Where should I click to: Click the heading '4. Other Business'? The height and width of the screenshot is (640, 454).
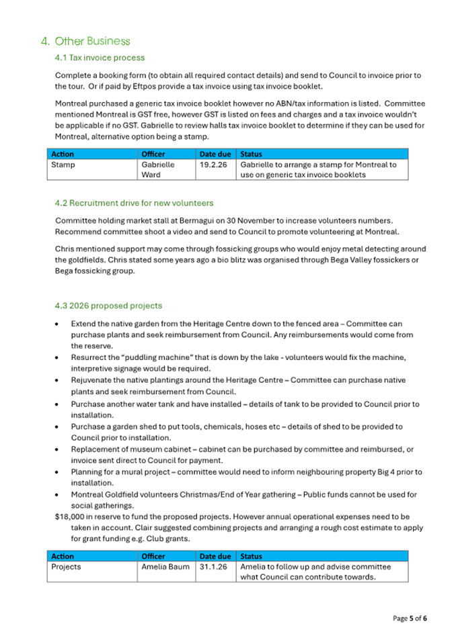click(85, 42)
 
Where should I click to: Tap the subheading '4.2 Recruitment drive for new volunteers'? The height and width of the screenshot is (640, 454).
click(134, 202)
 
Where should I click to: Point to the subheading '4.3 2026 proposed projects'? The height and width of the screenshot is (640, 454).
click(108, 306)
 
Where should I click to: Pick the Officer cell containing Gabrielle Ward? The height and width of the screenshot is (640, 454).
click(157, 169)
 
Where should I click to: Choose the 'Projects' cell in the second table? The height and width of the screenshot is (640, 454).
click(66, 567)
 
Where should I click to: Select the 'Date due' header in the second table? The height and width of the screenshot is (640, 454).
click(215, 556)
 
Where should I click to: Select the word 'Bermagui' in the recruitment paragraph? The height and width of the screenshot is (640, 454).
click(194, 220)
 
